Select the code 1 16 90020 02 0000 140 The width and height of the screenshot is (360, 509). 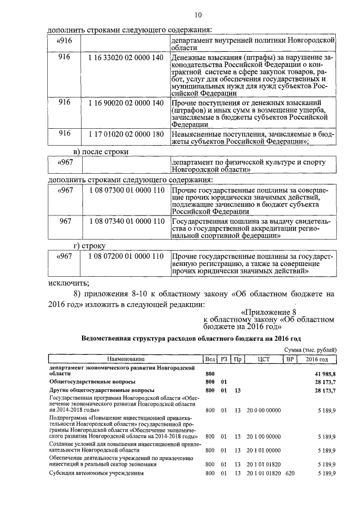(x=126, y=103)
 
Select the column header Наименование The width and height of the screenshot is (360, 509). (x=123, y=358)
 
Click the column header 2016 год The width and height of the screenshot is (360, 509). (x=320, y=358)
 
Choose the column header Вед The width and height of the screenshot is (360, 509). (x=210, y=358)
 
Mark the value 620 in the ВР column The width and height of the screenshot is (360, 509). (x=290, y=474)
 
